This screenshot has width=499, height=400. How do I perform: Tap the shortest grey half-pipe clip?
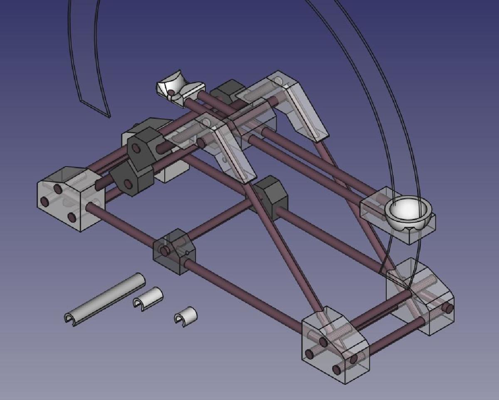[185, 317]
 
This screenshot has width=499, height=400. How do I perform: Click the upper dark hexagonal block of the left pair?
[143, 145]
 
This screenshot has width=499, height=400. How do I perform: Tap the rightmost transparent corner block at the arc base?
[420, 295]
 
